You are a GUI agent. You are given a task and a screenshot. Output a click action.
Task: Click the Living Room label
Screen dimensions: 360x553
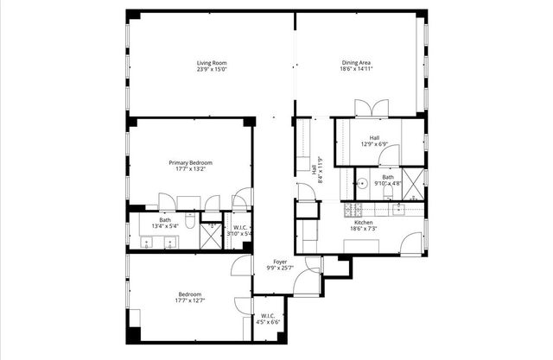[x=211, y=62]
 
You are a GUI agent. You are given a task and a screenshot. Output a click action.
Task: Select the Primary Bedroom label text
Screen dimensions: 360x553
[x=190, y=162]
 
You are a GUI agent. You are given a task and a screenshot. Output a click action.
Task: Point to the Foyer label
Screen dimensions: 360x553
[x=281, y=262]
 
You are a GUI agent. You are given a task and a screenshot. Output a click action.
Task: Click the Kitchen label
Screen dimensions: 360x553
[x=363, y=222]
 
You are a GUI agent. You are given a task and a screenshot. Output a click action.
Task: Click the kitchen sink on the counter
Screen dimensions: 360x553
[x=399, y=209]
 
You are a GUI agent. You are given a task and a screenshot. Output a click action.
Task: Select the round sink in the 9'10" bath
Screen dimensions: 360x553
[x=363, y=183]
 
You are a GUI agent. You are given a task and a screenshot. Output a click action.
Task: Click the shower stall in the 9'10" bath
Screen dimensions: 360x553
[x=413, y=183]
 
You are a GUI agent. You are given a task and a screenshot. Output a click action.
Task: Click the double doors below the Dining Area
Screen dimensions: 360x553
[x=367, y=107]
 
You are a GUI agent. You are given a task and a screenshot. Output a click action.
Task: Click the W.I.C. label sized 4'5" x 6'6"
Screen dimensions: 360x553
[x=268, y=319]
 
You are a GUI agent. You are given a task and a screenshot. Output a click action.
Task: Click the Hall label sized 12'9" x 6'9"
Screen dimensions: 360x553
[x=374, y=141]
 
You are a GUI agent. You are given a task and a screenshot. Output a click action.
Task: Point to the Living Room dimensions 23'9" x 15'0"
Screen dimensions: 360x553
[x=211, y=70]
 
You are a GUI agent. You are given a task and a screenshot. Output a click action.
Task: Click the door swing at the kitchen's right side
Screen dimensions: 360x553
[x=413, y=242]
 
